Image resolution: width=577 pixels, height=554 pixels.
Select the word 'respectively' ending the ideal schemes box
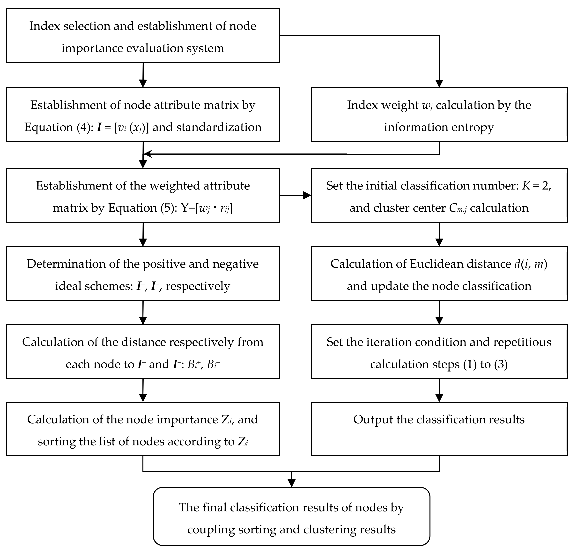[198, 286]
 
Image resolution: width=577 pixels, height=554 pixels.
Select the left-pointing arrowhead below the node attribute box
[147, 154]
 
